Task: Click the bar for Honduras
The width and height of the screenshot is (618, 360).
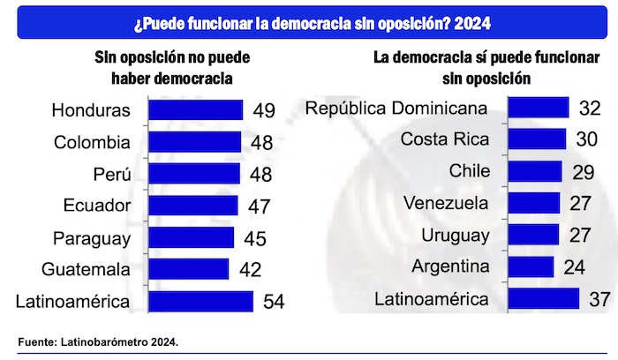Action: (x=195, y=110)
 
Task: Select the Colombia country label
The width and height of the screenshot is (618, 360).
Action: (x=92, y=142)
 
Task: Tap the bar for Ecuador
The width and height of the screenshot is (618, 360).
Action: (x=192, y=206)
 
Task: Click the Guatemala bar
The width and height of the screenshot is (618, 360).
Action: (x=188, y=269)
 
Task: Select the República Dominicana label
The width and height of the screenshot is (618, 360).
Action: (x=396, y=109)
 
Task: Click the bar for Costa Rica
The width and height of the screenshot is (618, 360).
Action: (x=538, y=139)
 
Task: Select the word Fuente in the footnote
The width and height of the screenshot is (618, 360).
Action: (x=34, y=341)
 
